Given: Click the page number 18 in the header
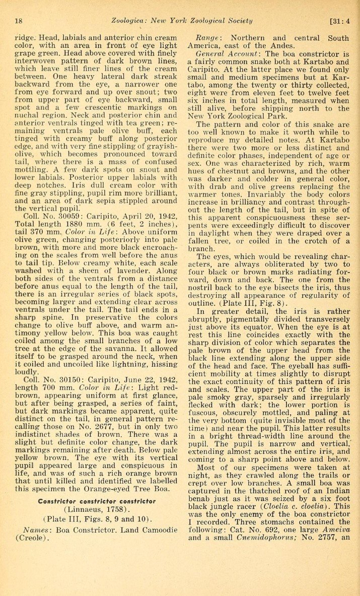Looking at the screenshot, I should (19, 21).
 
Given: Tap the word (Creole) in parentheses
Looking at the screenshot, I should (31, 538).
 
